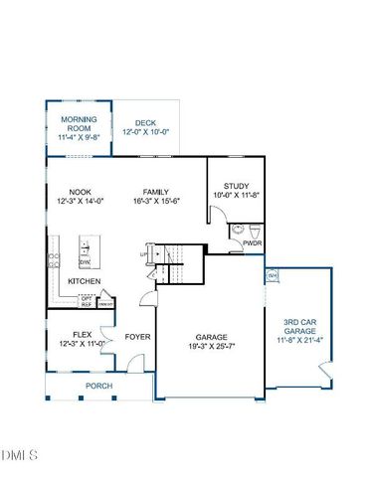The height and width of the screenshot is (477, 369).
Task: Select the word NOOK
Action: (81, 192)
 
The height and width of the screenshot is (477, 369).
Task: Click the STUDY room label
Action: (236, 185)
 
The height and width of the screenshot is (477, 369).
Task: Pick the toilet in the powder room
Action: (239, 230)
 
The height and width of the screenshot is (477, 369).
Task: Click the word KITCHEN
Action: (84, 281)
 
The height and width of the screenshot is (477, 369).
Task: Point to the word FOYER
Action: (138, 337)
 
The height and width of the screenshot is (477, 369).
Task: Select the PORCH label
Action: (97, 385)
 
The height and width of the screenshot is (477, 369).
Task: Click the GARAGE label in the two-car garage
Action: (210, 337)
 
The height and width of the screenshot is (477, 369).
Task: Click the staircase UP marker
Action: (144, 255)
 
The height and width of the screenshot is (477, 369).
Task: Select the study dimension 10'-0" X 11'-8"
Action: (236, 195)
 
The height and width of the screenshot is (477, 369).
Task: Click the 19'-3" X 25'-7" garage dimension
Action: (210, 347)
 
